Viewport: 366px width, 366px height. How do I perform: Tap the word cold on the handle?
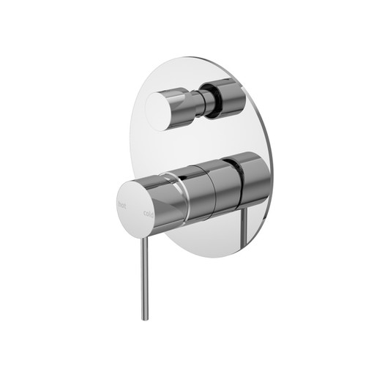[x=148, y=213]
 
